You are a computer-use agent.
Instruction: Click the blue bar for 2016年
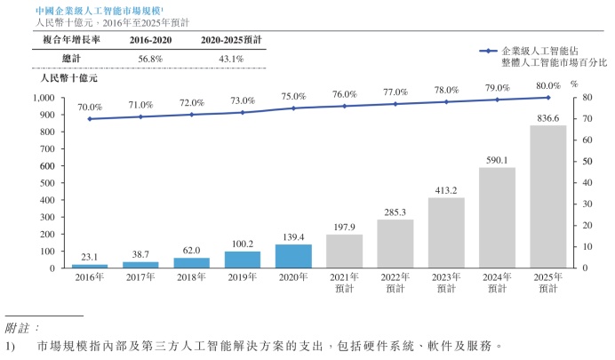tap(89, 266)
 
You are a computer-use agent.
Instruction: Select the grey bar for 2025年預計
tap(547, 196)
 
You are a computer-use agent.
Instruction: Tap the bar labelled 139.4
tap(292, 256)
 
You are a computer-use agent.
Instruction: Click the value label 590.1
tap(497, 160)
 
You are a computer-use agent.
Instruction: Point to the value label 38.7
tap(140, 254)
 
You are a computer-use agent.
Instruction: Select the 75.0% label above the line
tap(292, 97)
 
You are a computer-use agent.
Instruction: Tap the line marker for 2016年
tap(89, 118)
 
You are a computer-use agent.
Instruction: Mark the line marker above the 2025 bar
tap(547, 98)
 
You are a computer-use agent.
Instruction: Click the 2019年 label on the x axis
tap(242, 277)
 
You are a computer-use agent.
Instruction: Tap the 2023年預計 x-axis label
tap(445, 283)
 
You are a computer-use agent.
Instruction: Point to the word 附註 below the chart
tap(20, 328)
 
